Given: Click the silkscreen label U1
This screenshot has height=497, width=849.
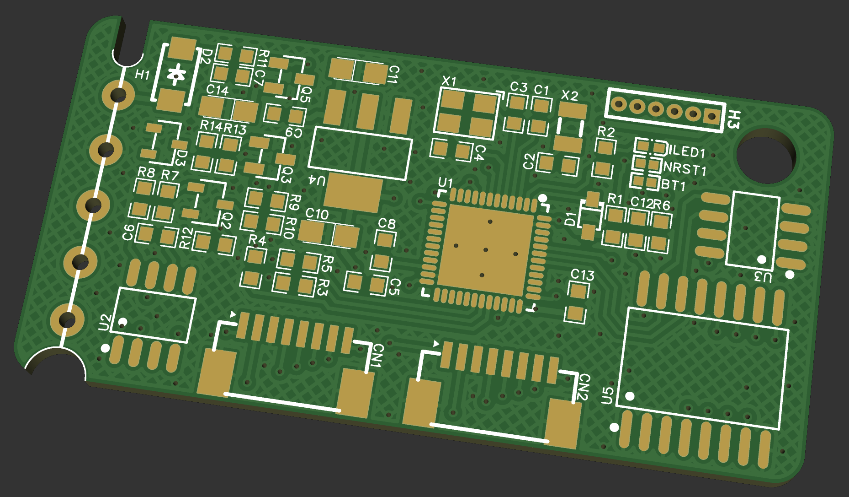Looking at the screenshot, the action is pos(446,184).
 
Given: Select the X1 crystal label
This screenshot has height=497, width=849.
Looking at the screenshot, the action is pos(449,81).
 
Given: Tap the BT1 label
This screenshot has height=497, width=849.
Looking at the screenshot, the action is pos(674,185).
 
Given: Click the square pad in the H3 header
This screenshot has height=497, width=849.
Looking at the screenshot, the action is pos(711,117).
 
